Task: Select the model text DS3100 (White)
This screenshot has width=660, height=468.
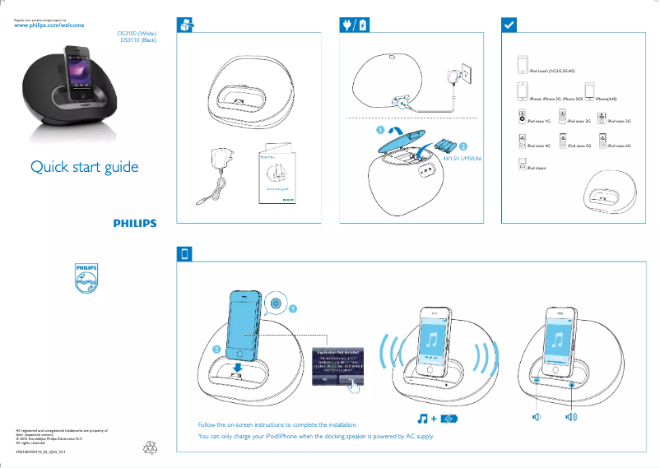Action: (137, 34)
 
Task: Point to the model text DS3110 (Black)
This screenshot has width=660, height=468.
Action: (138, 39)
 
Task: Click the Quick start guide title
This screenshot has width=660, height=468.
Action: (85, 168)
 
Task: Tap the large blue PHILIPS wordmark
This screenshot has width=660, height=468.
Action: (134, 223)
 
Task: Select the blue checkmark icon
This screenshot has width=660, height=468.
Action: (509, 25)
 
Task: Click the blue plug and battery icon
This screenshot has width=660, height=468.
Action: (355, 25)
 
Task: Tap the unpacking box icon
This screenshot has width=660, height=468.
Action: (187, 25)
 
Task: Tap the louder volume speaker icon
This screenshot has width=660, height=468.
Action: (572, 418)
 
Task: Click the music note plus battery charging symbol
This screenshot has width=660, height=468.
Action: (435, 419)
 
